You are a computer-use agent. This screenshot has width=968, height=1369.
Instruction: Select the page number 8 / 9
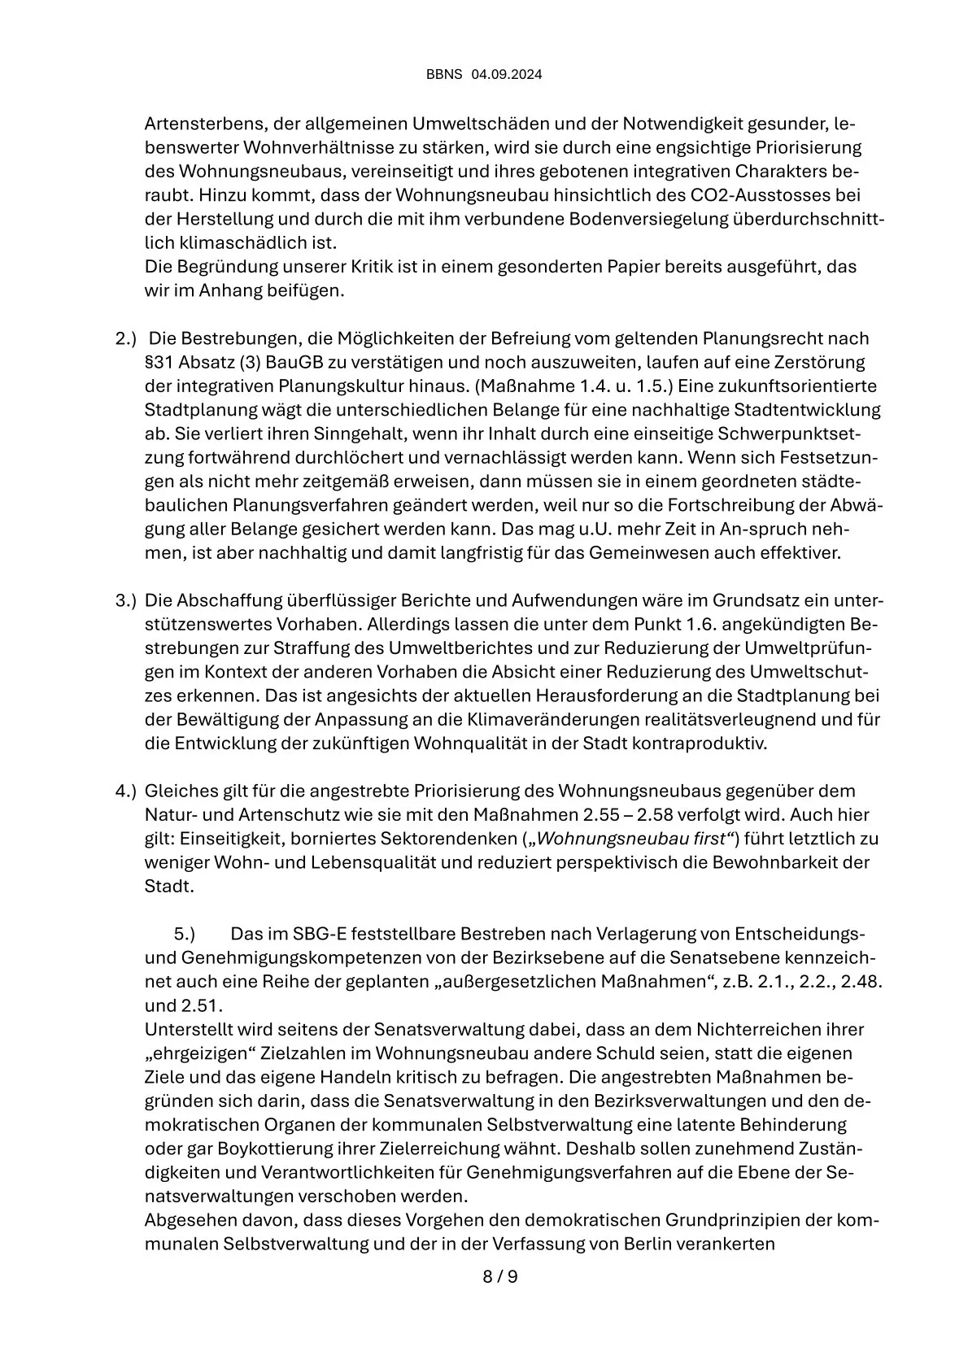pos(500,1276)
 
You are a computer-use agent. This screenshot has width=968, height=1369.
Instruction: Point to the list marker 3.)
pos(125,601)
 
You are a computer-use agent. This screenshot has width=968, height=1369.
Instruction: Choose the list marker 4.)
pos(125,791)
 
